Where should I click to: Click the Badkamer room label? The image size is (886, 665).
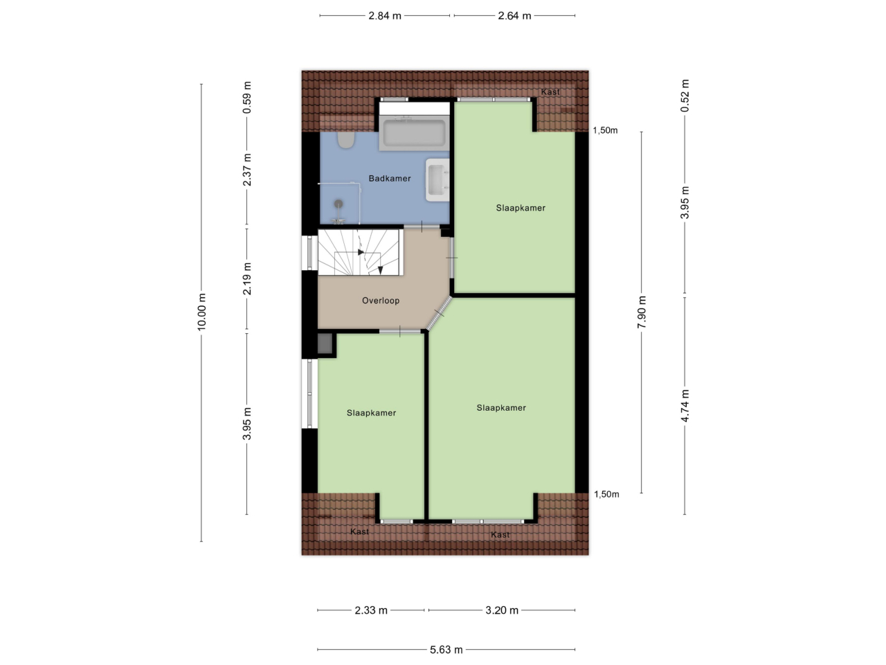click(390, 179)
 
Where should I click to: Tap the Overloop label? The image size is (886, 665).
click(381, 301)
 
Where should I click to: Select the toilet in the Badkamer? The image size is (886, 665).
click(346, 140)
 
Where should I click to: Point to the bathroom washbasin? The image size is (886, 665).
click(437, 179)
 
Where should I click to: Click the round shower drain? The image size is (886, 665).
click(338, 204)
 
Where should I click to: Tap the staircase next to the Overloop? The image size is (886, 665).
click(361, 252)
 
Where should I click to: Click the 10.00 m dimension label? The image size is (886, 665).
click(201, 312)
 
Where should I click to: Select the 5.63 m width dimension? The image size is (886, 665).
click(446, 650)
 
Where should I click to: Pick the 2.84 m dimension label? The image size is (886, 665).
click(385, 16)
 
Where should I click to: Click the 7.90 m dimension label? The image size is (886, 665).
click(642, 312)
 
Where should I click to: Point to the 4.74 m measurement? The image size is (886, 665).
click(685, 406)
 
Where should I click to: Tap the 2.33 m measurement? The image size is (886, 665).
click(371, 610)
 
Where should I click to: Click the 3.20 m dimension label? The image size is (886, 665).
click(502, 610)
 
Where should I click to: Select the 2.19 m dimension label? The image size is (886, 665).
click(247, 278)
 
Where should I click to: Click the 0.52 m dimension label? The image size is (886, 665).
click(685, 96)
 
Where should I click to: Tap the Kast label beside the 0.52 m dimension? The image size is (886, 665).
click(550, 92)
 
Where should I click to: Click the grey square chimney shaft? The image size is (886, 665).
click(325, 344)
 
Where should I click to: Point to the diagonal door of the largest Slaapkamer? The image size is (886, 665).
click(440, 314)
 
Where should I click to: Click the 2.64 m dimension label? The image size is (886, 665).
click(514, 16)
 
